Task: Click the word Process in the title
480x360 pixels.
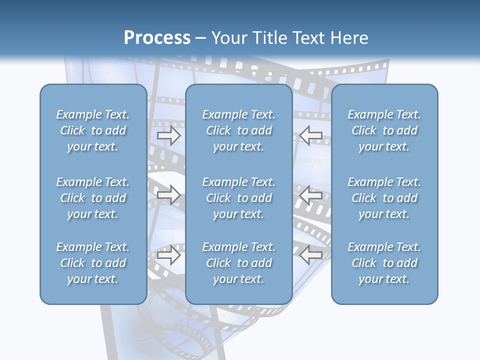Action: [x=157, y=38]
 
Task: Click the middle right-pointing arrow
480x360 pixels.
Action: [x=168, y=194]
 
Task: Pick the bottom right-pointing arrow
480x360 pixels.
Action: [x=168, y=254]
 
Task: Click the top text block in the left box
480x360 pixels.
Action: [x=93, y=130]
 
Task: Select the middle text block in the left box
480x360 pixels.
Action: [x=93, y=198]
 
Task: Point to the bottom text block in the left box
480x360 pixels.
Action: [x=93, y=263]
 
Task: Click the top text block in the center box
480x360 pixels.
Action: [x=238, y=130]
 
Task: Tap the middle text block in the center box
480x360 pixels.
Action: [x=238, y=198]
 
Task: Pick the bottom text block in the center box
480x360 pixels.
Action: [x=238, y=263]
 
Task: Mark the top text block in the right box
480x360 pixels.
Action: [x=384, y=130]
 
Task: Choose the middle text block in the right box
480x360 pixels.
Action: [x=384, y=198]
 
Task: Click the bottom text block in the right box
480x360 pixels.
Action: [x=384, y=263]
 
